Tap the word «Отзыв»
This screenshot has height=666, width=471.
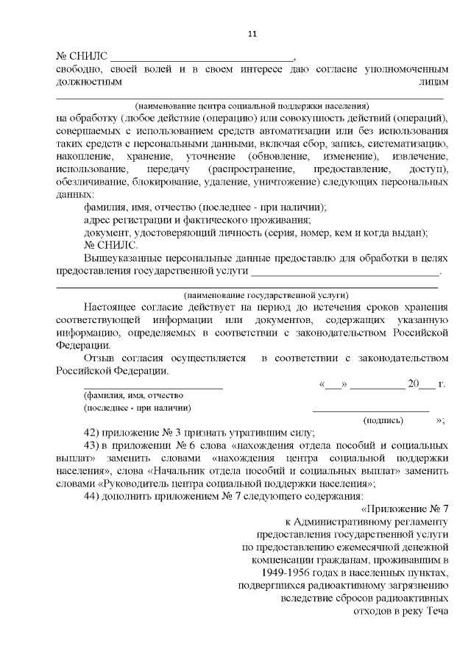point(99,358)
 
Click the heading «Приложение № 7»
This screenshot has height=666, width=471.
point(412,509)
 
